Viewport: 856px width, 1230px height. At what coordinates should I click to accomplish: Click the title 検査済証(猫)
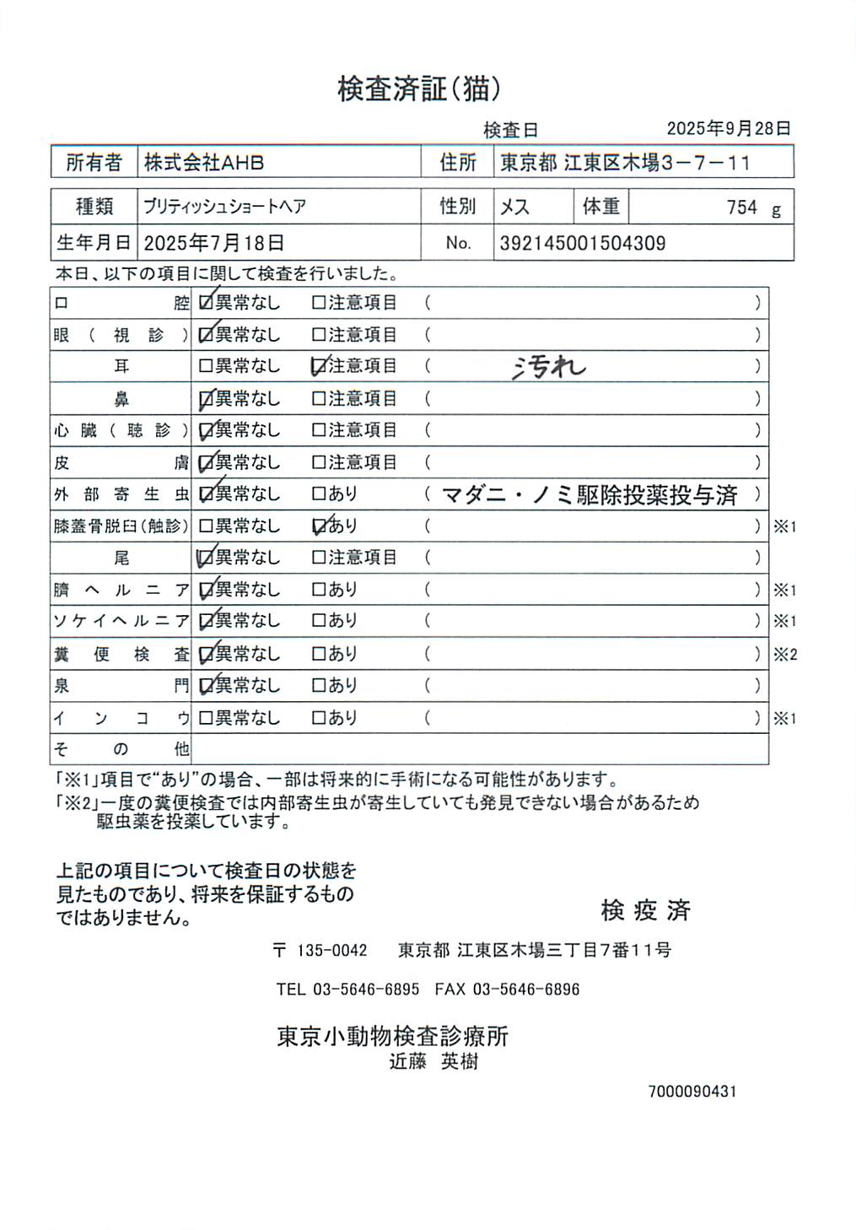point(419,88)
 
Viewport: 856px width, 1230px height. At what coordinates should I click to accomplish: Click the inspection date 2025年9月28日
point(729,128)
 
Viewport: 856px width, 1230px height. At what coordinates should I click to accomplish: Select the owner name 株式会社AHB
point(204,162)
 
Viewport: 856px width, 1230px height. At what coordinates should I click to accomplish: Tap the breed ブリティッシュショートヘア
point(224,207)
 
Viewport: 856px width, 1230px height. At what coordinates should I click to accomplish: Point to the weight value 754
point(742,208)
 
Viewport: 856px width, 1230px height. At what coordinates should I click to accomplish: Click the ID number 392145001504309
point(583,244)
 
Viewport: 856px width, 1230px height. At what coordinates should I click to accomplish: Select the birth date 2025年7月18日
point(213,244)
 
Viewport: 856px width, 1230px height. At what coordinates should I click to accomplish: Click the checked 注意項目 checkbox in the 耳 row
point(320,366)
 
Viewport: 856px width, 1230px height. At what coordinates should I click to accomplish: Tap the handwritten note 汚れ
point(548,367)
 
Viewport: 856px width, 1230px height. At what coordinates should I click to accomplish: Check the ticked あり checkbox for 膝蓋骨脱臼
point(320,526)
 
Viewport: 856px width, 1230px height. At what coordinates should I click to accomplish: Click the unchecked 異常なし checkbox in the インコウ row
point(206,718)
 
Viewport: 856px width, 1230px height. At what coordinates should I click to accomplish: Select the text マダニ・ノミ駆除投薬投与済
point(590,494)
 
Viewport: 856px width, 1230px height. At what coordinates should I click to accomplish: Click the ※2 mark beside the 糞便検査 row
point(785,654)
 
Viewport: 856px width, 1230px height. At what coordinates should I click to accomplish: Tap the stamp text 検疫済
point(645,910)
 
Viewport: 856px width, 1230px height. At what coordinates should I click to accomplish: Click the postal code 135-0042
point(331,951)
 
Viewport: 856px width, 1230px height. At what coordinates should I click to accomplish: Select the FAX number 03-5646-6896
point(525,990)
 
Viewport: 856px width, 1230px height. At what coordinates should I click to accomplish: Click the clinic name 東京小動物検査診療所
point(393,1036)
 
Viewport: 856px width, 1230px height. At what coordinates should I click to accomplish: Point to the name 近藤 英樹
point(433,1062)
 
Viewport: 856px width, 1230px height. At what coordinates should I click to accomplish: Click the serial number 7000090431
point(692,1092)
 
